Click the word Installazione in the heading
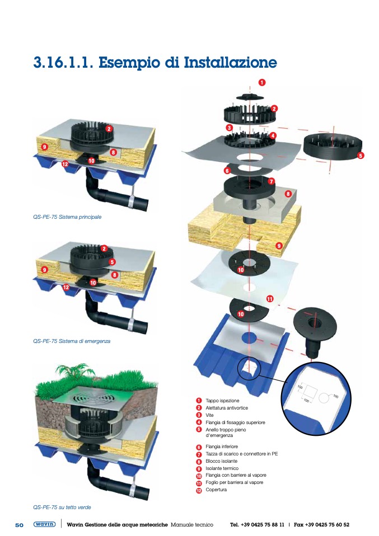pyautogui.click(x=231, y=63)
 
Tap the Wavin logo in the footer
pyautogui.click(x=44, y=524)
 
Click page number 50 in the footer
pyautogui.click(x=19, y=525)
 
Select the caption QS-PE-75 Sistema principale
pyautogui.click(x=67, y=217)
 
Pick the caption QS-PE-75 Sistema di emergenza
pyautogui.click(x=72, y=341)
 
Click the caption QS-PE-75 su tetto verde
pyautogui.click(x=62, y=507)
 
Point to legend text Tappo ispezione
pyautogui.click(x=222, y=401)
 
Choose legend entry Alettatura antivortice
pyautogui.click(x=227, y=408)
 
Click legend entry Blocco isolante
pyautogui.click(x=221, y=461)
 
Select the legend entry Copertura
pyautogui.click(x=216, y=490)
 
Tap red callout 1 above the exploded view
pyautogui.click(x=261, y=82)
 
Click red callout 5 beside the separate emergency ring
pyautogui.click(x=360, y=156)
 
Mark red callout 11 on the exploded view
pyautogui.click(x=270, y=299)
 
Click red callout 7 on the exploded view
pyautogui.click(x=272, y=181)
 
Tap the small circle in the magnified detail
pyautogui.click(x=324, y=398)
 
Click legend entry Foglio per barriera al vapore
pyautogui.click(x=235, y=483)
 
